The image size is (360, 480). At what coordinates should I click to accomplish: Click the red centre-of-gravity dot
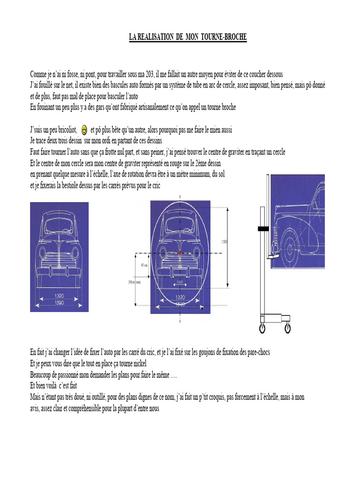[180, 253]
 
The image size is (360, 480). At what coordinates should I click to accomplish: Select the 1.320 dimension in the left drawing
[59, 296]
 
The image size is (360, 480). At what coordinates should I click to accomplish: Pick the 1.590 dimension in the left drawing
[59, 303]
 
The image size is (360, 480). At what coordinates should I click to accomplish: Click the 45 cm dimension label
[143, 264]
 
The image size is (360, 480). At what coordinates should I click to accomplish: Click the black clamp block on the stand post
[262, 228]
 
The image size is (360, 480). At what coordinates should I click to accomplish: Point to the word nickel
[138, 364]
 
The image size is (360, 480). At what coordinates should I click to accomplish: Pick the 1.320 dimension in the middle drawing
[180, 297]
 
